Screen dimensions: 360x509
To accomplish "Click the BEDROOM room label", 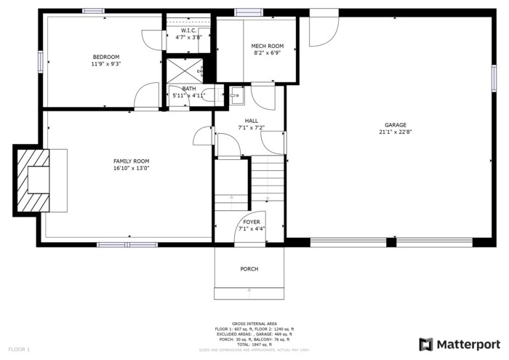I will (105, 57).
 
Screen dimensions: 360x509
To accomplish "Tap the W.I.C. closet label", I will (188, 31).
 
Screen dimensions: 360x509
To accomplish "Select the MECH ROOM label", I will (267, 46).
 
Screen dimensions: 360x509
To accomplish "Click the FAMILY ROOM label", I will (131, 161).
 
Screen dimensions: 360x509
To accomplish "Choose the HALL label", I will (251, 121).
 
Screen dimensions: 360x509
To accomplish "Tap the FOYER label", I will (251, 222).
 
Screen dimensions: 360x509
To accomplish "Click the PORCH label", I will (249, 269).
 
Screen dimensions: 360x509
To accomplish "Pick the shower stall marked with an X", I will (185, 70).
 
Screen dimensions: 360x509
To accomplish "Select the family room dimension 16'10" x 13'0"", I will (131, 169).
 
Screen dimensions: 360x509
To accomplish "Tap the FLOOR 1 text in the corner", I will (19, 350).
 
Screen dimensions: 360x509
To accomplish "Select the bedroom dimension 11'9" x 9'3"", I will (105, 64).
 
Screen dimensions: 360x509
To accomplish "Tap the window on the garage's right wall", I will (494, 77).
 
